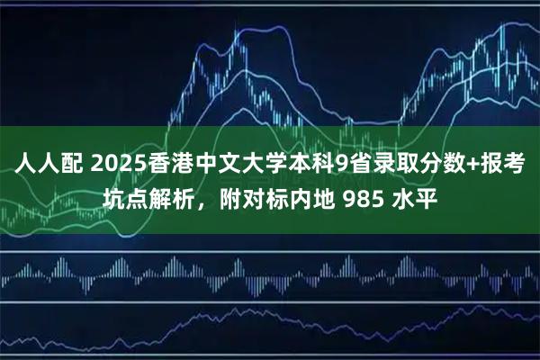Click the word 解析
pyautogui.click(x=170, y=196)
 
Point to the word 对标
pyautogui.click(x=264, y=196)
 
